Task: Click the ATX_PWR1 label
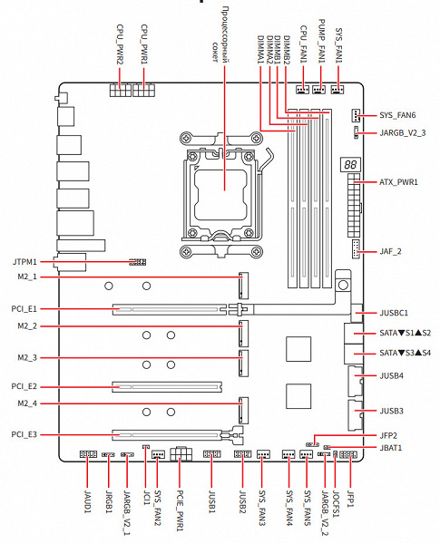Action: pos(398,182)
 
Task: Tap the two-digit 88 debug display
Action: pos(350,164)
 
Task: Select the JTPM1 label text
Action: pos(24,262)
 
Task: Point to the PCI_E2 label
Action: pos(24,386)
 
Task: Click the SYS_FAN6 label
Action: pos(397,115)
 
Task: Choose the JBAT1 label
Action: pos(391,448)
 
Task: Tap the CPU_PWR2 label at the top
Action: pos(120,44)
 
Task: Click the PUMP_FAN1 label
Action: pos(322,41)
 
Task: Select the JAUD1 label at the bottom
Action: pos(87,501)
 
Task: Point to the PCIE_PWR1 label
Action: pos(180,510)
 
